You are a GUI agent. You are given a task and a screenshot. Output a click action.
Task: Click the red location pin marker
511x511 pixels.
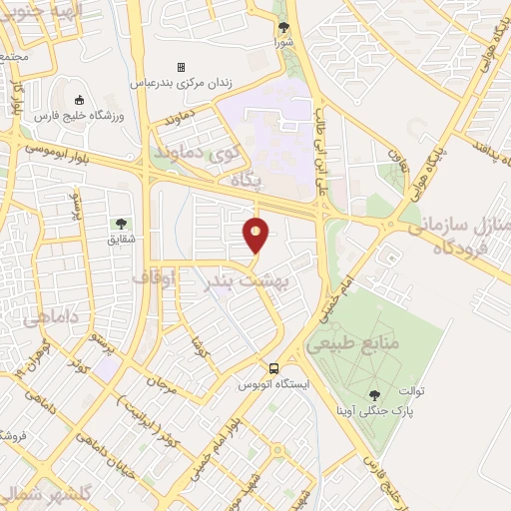256,236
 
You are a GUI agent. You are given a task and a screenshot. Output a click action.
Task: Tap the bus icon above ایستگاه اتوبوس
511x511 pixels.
274,367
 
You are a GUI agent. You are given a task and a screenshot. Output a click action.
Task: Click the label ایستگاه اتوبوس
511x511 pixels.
274,383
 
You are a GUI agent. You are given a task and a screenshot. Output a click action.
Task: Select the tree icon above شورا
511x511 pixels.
283,28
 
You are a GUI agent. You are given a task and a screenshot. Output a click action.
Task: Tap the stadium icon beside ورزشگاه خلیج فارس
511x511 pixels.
79,100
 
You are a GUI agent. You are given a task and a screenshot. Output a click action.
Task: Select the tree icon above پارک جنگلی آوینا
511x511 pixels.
374,395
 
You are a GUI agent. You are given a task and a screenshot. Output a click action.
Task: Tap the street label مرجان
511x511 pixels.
161,382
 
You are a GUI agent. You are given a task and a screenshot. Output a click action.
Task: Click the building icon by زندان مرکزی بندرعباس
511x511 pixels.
181,67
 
